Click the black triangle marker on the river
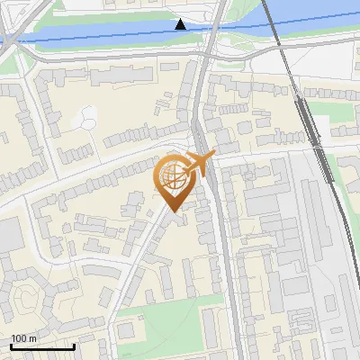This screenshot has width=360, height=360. (181, 24)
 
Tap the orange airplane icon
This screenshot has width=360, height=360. (199, 165)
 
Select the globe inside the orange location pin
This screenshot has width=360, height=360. (174, 177)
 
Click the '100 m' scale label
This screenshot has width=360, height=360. (24, 338)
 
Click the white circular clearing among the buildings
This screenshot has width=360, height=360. (88, 116)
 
